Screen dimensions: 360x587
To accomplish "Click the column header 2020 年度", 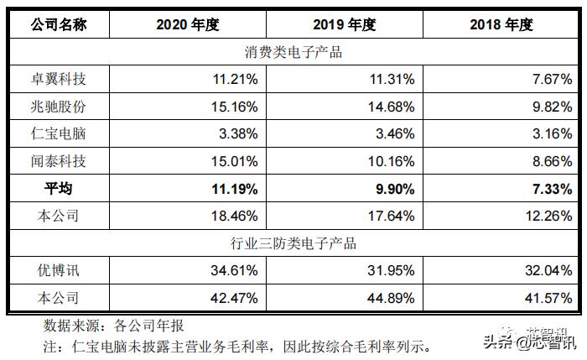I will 187,24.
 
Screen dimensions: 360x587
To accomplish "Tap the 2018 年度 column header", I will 501,24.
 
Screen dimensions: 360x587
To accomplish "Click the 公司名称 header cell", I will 58,24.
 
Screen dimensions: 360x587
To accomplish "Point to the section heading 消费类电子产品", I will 293,52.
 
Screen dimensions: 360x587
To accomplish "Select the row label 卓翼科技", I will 58,80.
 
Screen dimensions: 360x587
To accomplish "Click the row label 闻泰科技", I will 58,161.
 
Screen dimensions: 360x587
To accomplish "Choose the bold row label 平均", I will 58,189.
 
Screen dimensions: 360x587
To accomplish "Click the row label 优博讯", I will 58,270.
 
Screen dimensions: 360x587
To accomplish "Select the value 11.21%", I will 235,80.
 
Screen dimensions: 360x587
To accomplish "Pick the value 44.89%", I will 391,298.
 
